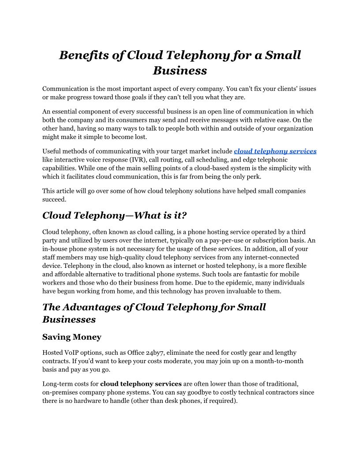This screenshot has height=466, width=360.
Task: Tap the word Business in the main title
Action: point(180,71)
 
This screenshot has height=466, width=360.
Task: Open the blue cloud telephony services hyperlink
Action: point(275,151)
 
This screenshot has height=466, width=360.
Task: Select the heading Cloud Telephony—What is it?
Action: point(115,215)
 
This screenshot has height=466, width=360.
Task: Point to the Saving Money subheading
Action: point(72,337)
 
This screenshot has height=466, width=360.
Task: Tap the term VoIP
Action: point(73,353)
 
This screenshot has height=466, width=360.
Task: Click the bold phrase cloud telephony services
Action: point(141,384)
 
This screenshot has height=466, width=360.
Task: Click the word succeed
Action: point(54,199)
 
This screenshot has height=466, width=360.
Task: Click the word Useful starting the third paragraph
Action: point(52,151)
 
